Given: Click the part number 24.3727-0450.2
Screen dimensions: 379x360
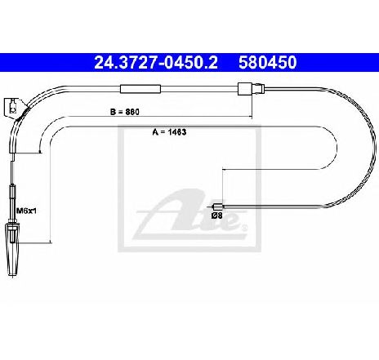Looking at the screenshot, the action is tap(156, 62).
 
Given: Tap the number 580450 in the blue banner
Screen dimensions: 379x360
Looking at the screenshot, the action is tap(268, 62).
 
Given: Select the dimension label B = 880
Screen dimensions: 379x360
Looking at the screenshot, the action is tap(125, 112).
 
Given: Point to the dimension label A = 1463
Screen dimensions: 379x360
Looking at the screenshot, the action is tap(169, 132).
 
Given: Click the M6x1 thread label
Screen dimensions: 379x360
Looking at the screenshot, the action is tap(26, 211).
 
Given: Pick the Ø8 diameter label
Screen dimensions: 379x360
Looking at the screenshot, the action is tap(217, 216).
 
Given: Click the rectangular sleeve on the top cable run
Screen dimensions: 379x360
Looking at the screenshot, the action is tap(140, 89).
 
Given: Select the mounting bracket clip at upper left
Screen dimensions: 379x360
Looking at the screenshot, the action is tap(12, 108).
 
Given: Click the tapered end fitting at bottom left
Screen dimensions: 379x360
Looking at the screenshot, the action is tap(12, 249).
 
